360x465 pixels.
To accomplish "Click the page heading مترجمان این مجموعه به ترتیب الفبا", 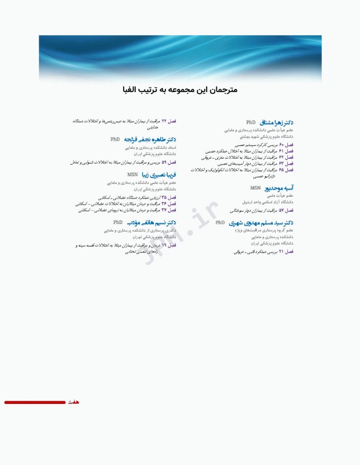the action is [x=179, y=90].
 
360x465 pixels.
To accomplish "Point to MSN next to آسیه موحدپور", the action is [x=255, y=188].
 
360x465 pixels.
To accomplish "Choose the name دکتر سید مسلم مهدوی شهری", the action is [x=262, y=223].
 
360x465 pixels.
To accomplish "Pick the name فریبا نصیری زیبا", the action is [x=158, y=174].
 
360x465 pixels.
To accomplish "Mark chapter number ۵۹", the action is [x=164, y=162].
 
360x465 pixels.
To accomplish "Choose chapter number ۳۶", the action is [x=164, y=203].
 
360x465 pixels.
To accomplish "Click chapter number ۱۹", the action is [x=164, y=245].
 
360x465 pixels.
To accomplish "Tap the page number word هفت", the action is [x=73, y=402].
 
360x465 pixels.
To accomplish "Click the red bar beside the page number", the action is [x=35, y=402].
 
